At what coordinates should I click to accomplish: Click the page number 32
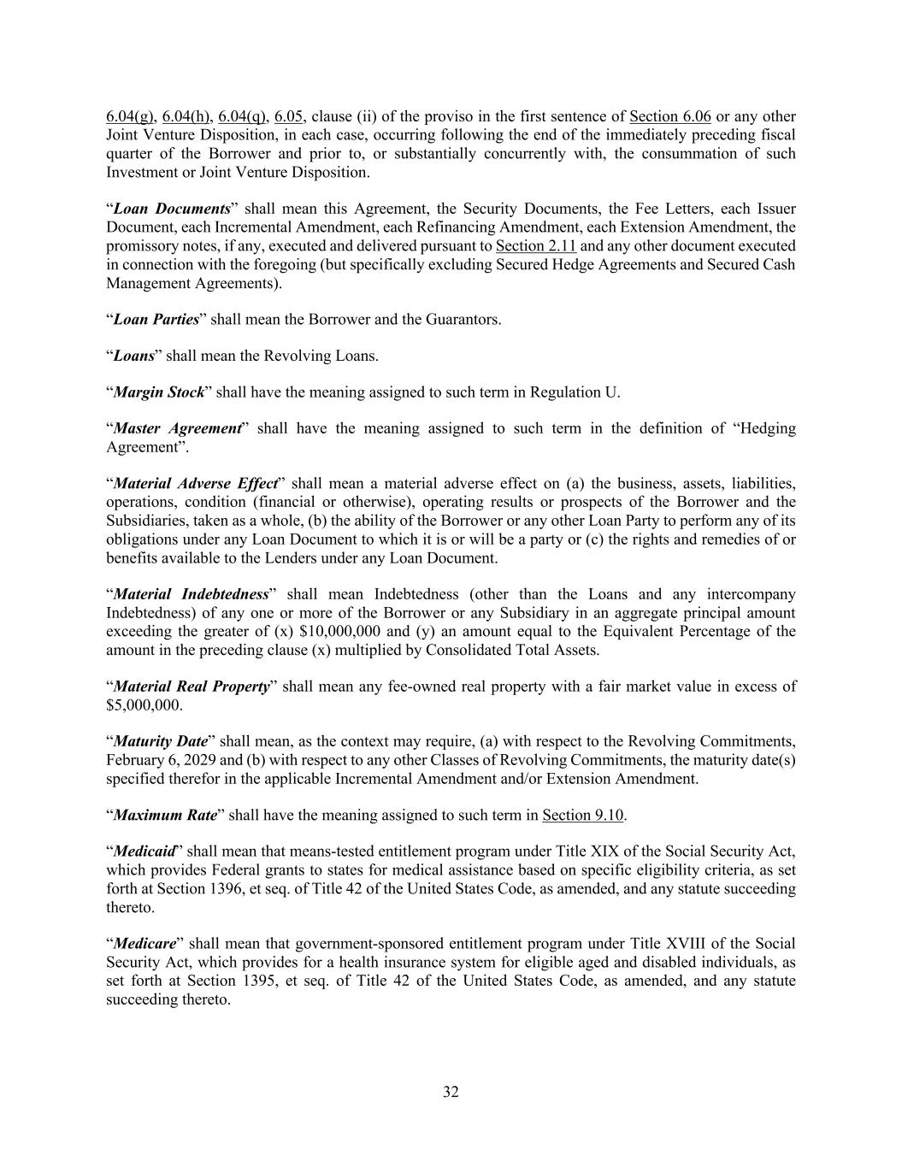click(x=451, y=1092)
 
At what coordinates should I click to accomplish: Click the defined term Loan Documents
click(x=171, y=209)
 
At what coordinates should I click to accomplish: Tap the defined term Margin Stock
click(x=159, y=392)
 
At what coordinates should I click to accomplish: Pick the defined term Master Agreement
click(x=177, y=428)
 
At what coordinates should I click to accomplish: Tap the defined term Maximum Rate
click(x=165, y=815)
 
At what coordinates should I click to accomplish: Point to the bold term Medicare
click(x=144, y=944)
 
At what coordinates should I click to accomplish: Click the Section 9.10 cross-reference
click(x=582, y=815)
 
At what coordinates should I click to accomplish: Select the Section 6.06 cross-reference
click(x=669, y=117)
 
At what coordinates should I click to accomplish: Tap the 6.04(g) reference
click(x=130, y=117)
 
